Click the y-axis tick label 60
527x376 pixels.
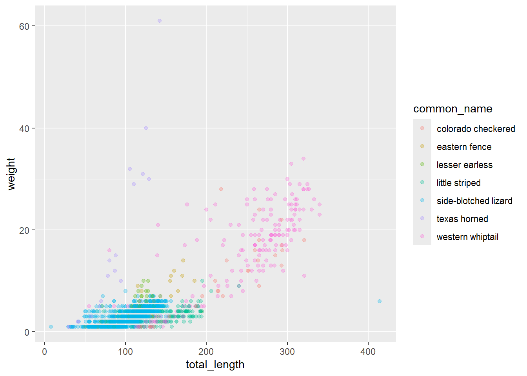click(24, 26)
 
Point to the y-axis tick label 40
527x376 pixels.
click(24, 128)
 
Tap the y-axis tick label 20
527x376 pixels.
click(24, 230)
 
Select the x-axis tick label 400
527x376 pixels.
click(368, 352)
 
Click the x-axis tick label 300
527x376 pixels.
click(287, 352)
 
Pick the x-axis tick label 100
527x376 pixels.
click(125, 352)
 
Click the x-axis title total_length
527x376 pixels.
click(215, 365)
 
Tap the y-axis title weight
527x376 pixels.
click(11, 174)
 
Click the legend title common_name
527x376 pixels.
click(452, 109)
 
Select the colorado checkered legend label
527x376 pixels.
click(476, 129)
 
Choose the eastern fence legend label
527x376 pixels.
click(464, 147)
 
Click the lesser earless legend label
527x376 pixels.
click(464, 165)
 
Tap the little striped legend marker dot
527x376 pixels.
click(422, 182)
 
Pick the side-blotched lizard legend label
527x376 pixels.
click(474, 201)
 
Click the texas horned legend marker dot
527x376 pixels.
click(422, 218)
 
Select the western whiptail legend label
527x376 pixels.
click(467, 237)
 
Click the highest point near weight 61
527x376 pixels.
click(160, 21)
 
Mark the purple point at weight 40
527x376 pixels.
click(146, 128)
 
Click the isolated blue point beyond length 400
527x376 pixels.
click(379, 301)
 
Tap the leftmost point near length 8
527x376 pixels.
click(51, 327)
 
